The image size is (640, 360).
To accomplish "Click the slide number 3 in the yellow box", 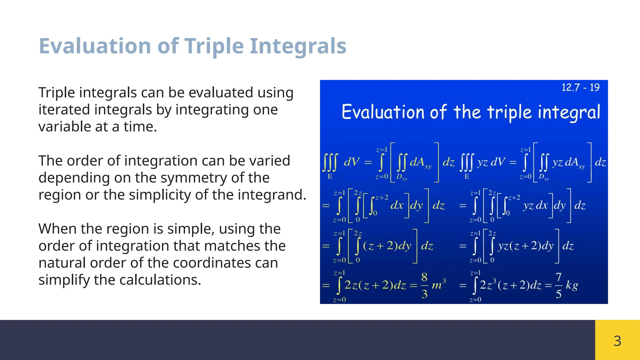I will (617, 341).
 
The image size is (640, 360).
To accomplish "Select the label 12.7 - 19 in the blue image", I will (580, 87).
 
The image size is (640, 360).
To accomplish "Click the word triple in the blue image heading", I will (509, 112).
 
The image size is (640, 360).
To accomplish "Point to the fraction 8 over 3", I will (424, 285).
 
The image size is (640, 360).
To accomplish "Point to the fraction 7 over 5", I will (558, 285).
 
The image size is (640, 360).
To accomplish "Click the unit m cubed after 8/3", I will (438, 285).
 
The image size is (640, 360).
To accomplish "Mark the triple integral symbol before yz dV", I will (467, 162).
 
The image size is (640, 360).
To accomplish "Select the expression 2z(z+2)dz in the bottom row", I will (375, 285).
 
